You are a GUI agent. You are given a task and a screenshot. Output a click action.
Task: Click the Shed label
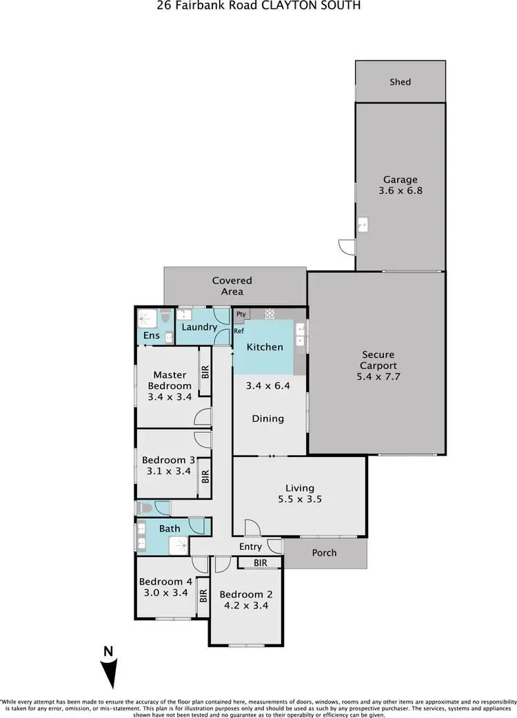click(400, 82)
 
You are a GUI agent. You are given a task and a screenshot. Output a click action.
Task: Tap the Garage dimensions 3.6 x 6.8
click(400, 191)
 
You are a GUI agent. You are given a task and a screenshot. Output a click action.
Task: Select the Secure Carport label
click(378, 361)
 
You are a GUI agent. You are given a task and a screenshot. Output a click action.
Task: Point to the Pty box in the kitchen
click(241, 314)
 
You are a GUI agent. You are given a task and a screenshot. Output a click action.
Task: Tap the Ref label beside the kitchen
click(239, 330)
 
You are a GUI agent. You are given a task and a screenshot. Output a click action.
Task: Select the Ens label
click(152, 336)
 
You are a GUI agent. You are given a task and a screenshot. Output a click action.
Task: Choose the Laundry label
click(199, 327)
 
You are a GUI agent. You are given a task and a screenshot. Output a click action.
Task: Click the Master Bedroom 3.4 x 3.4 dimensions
click(170, 397)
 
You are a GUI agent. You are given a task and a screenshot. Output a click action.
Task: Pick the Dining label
click(267, 419)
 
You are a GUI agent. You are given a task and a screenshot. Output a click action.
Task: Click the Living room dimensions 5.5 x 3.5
click(300, 500)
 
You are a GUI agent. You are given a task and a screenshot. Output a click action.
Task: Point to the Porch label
click(325, 553)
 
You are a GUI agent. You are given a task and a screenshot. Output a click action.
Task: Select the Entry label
click(250, 547)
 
